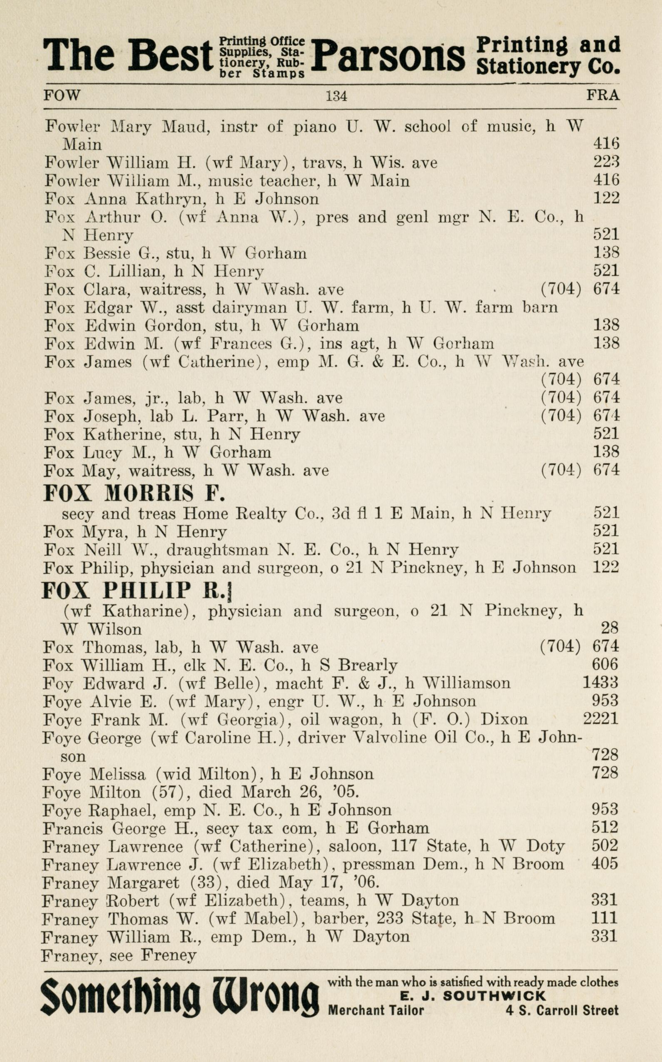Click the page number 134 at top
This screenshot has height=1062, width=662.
click(x=336, y=95)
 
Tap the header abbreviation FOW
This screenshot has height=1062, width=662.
click(x=62, y=95)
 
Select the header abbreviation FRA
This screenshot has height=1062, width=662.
click(x=602, y=95)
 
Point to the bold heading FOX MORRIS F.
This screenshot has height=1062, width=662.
click(x=134, y=494)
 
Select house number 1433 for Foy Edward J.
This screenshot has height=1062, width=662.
click(x=600, y=682)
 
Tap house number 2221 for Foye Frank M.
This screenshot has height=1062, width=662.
click(x=600, y=719)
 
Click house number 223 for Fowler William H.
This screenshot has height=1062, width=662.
click(x=606, y=162)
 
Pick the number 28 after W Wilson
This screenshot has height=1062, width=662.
click(x=609, y=628)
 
